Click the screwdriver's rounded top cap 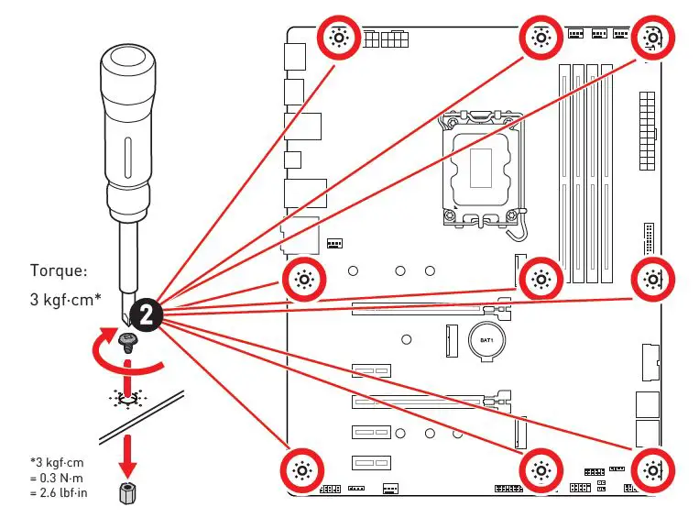[126, 66]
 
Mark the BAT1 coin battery [487, 341]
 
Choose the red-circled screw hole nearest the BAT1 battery [541, 279]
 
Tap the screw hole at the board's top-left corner [338, 38]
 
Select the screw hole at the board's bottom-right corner [651, 471]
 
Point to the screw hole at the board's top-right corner [651, 38]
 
